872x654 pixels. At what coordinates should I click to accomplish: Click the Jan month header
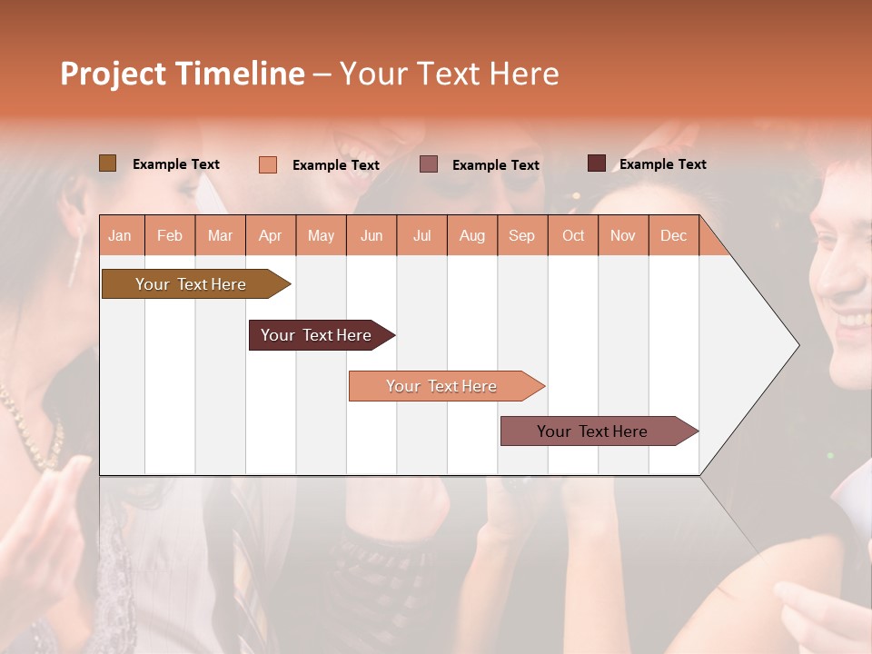pyautogui.click(x=120, y=235)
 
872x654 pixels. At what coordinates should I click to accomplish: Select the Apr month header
pyautogui.click(x=271, y=235)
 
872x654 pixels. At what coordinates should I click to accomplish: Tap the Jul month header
pyautogui.click(x=421, y=235)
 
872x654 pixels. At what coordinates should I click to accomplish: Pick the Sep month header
pyautogui.click(x=521, y=235)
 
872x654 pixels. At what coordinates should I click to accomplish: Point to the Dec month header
pyautogui.click(x=673, y=235)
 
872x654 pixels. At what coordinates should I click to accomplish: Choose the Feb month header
pyautogui.click(x=170, y=235)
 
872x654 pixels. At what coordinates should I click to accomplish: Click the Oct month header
pyautogui.click(x=573, y=235)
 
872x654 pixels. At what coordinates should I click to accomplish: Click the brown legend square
pyautogui.click(x=107, y=163)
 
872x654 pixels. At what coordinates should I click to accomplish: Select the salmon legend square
pyautogui.click(x=267, y=164)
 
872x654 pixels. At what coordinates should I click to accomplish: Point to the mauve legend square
pyautogui.click(x=429, y=164)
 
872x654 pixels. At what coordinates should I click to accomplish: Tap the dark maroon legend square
pyautogui.click(x=596, y=163)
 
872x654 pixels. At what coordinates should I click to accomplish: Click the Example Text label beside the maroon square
pyautogui.click(x=662, y=164)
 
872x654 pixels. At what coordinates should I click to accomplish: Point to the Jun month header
pyautogui.click(x=372, y=235)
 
